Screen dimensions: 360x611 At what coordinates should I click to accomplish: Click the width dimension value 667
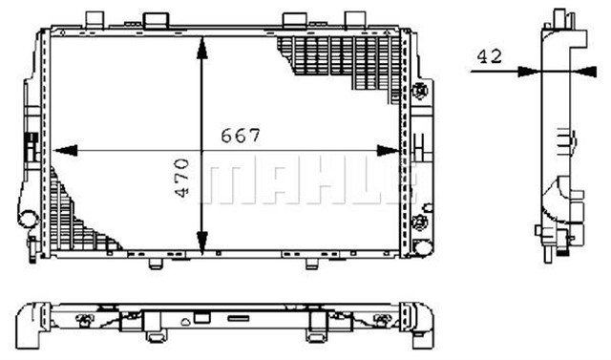click(x=242, y=135)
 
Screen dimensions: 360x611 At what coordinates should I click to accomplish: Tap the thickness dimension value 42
click(x=489, y=56)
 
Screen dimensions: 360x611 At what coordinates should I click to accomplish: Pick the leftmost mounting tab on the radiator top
click(x=95, y=19)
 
